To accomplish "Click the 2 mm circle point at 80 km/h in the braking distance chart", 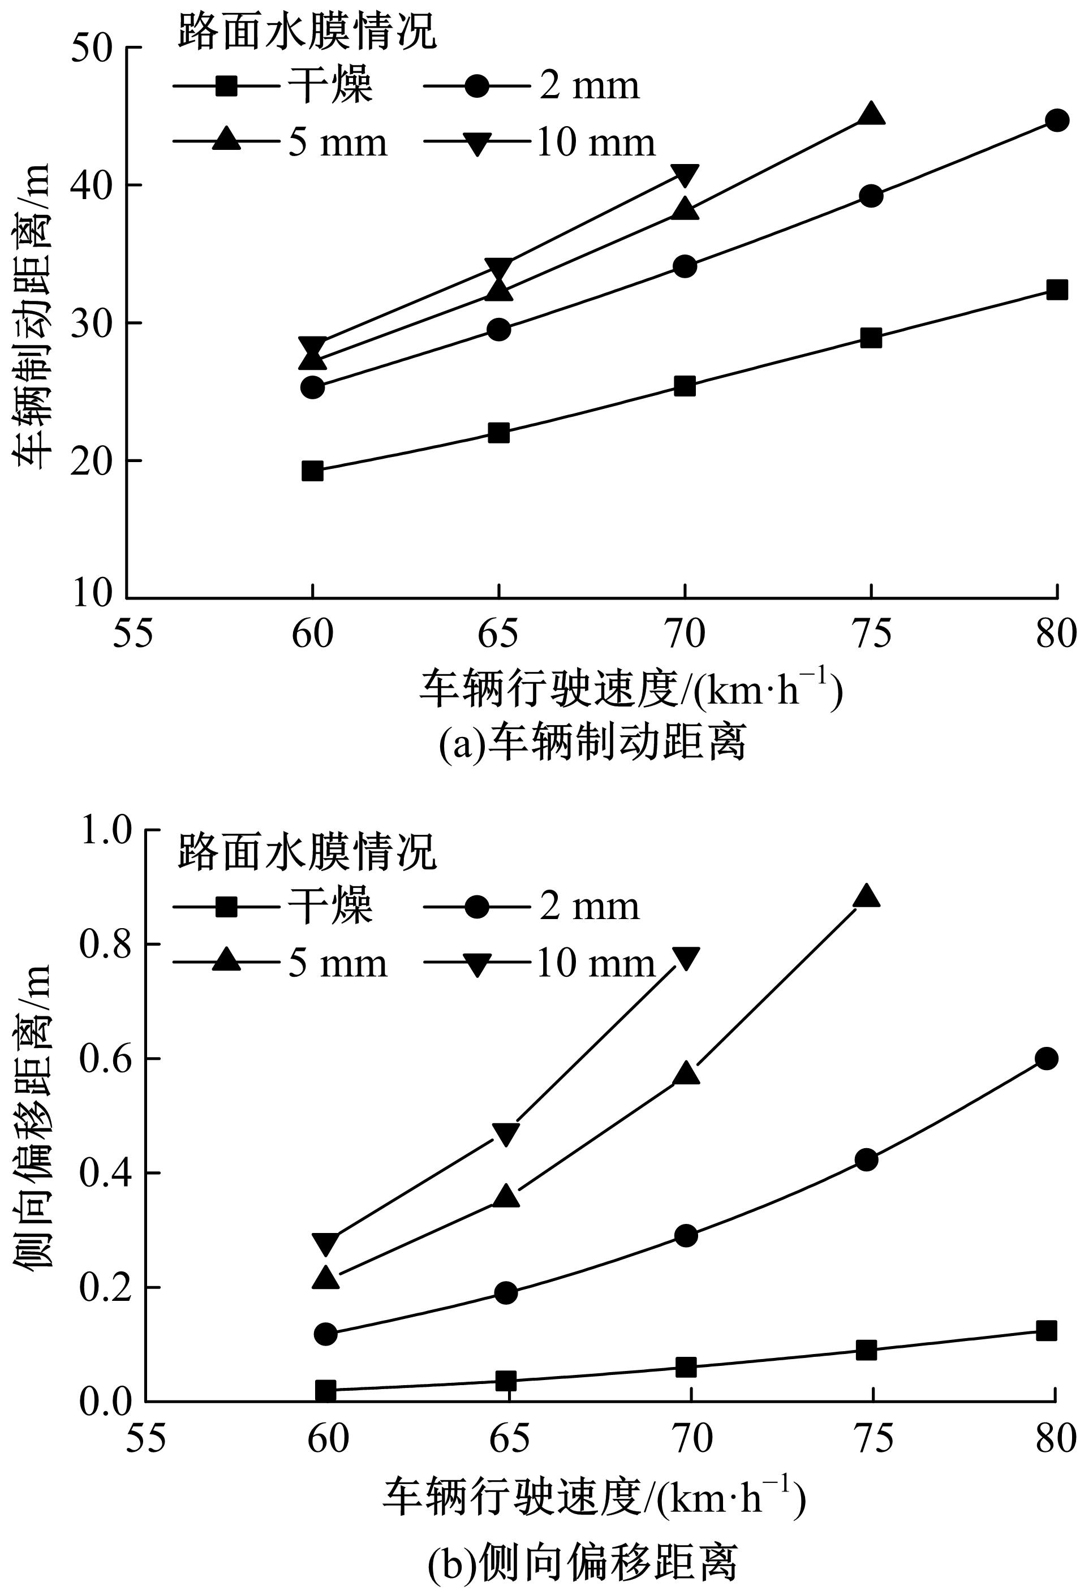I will pyautogui.click(x=1057, y=120).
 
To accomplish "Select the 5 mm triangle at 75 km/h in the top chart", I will pyautogui.click(x=871, y=114).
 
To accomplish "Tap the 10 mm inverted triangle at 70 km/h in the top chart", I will pyautogui.click(x=685, y=175).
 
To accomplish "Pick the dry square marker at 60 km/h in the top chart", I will pyautogui.click(x=312, y=471).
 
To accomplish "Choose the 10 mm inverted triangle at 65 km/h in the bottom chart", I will pyautogui.click(x=505, y=1133).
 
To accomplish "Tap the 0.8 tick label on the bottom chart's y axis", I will pyautogui.click(x=104, y=944).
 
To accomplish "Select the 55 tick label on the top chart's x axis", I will pyautogui.click(x=133, y=635).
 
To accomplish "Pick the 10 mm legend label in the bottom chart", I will pyautogui.click(x=595, y=964).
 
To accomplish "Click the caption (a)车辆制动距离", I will pyautogui.click(x=592, y=742).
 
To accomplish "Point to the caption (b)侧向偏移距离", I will pyautogui.click(x=583, y=1562).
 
